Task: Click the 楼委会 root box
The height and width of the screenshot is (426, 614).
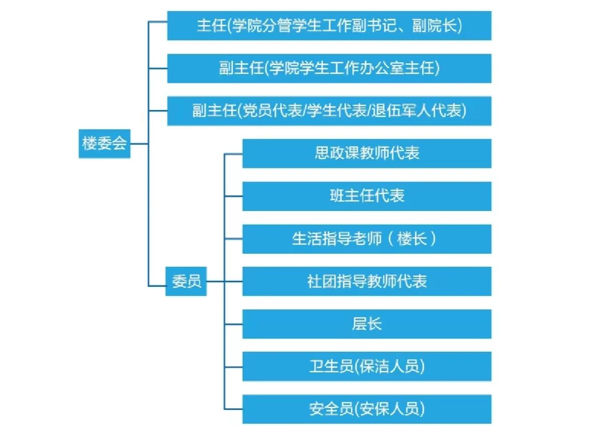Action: pyautogui.click(x=104, y=144)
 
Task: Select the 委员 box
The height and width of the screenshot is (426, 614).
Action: pyautogui.click(x=186, y=281)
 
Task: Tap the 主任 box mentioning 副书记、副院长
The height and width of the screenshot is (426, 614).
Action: pyautogui.click(x=329, y=26)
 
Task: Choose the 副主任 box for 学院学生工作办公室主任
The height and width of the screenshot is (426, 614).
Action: pyautogui.click(x=329, y=68)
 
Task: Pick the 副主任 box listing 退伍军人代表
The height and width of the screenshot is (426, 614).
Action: pyautogui.click(x=329, y=111)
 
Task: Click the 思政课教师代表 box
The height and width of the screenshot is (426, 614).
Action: pyautogui.click(x=367, y=153)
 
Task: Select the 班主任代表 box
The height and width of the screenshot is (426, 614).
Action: pyautogui.click(x=367, y=196)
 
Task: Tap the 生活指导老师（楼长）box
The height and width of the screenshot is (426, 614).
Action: pyautogui.click(x=367, y=239)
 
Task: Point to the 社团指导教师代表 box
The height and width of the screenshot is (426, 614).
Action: pyautogui.click(x=367, y=281)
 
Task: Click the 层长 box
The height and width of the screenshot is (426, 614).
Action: pyautogui.click(x=367, y=324)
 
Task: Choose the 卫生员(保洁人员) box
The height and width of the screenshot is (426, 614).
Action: pyautogui.click(x=367, y=367)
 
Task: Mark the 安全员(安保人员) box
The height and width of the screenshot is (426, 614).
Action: pyautogui.click(x=367, y=409)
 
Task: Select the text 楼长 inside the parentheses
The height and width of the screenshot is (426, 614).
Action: pyautogui.click(x=411, y=239)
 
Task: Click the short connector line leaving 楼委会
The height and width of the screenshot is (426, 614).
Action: pyautogui.click(x=139, y=144)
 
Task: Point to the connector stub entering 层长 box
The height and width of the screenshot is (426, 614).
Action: pyautogui.click(x=233, y=324)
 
